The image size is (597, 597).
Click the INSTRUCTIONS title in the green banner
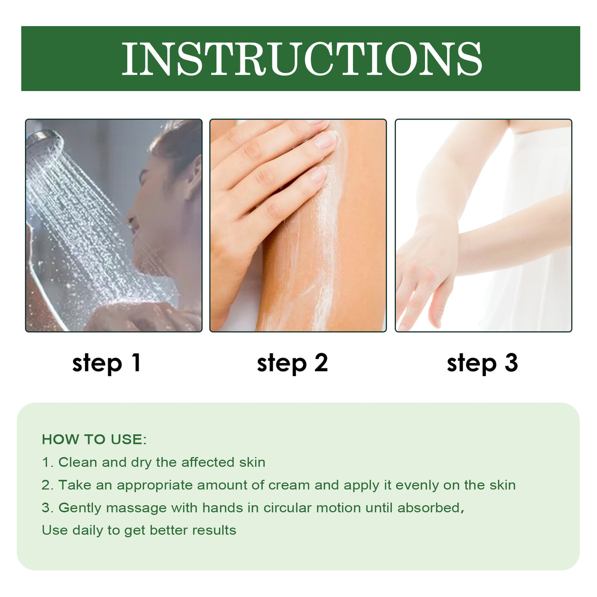[301, 59]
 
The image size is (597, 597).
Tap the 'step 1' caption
[107, 363]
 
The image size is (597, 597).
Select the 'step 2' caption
[292, 363]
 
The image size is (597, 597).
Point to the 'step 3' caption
[482, 363]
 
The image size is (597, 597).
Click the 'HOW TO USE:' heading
[94, 439]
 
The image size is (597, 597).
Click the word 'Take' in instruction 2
[75, 485]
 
